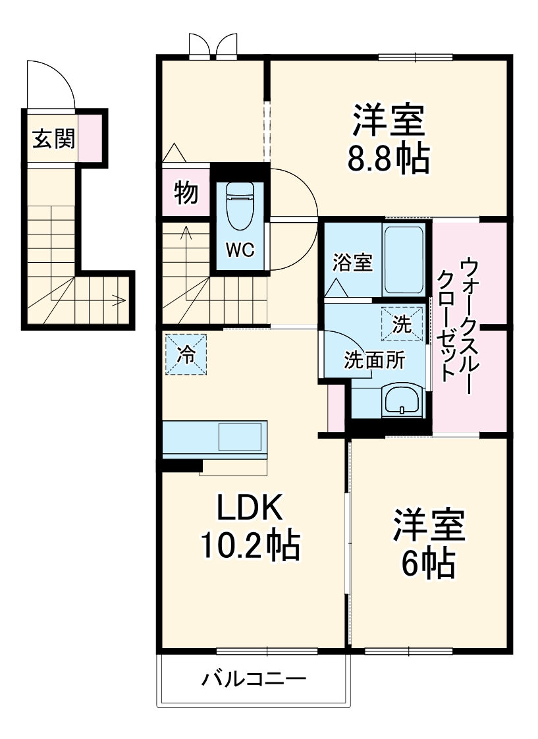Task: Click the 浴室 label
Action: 352,263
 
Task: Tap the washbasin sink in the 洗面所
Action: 401,400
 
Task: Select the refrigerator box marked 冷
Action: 186,354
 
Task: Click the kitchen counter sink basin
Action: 240,437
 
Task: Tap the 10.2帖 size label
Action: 250,545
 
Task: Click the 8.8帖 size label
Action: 389,159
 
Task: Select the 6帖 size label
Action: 428,562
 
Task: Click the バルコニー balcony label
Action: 254,678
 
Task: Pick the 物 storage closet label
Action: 186,193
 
